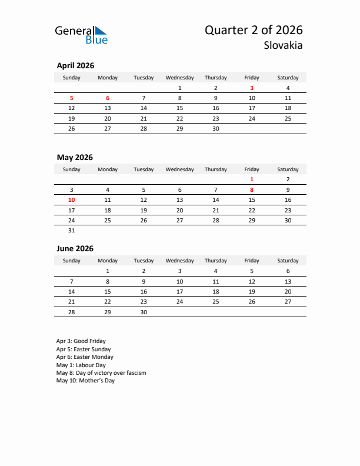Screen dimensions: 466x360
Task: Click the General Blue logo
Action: (81, 35)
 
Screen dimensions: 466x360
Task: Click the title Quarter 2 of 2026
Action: (254, 30)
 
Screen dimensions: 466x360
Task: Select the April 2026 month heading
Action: (75, 66)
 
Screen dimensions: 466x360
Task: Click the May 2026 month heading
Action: (75, 157)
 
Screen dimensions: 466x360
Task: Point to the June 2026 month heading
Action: (75, 248)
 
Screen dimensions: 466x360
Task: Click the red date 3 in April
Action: (252, 88)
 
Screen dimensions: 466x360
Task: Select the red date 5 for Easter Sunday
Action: (72, 98)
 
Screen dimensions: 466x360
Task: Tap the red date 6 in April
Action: (108, 98)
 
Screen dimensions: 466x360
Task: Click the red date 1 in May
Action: (252, 179)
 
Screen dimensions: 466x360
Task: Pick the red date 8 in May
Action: (252, 189)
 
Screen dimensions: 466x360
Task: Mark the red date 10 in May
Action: (72, 200)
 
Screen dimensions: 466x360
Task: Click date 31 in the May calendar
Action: (72, 231)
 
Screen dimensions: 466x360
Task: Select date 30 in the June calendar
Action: (144, 312)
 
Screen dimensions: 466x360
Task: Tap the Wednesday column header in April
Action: (179, 78)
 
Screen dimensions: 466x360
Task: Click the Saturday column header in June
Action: (288, 261)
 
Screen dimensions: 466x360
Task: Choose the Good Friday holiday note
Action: (81, 341)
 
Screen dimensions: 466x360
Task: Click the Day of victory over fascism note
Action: (101, 373)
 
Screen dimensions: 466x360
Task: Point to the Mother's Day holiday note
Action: (85, 381)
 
